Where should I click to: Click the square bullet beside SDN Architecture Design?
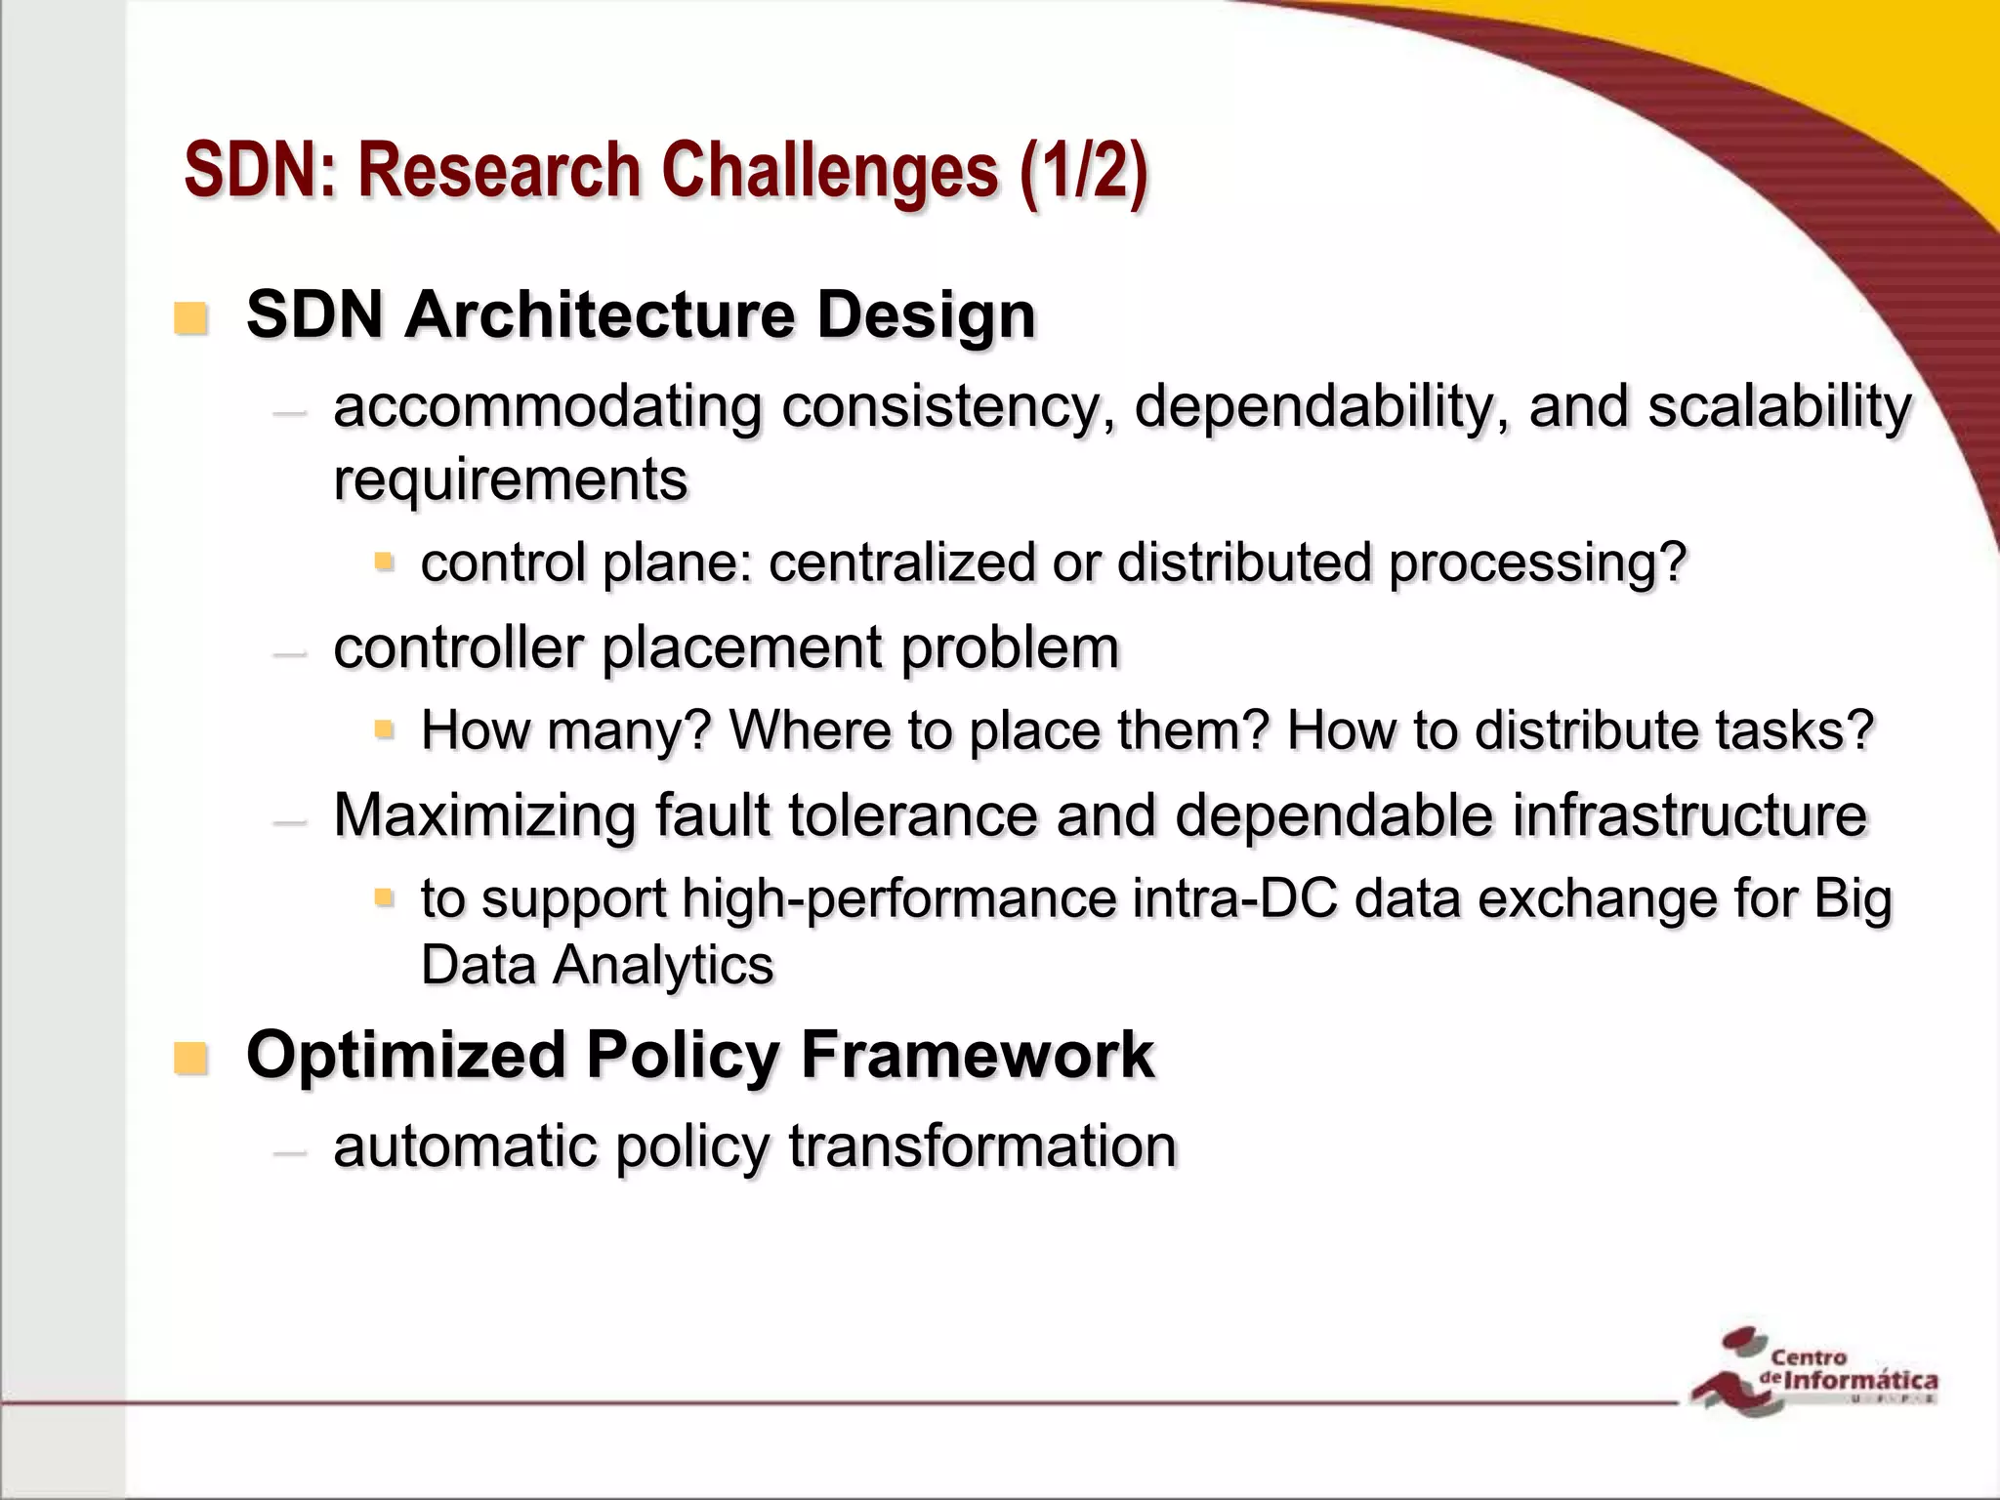point(190,318)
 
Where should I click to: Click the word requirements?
point(510,479)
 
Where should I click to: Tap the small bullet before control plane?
point(384,562)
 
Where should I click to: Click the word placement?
point(741,647)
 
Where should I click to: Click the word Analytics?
point(663,966)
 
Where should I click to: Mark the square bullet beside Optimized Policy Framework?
point(190,1059)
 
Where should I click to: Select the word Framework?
point(978,1056)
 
